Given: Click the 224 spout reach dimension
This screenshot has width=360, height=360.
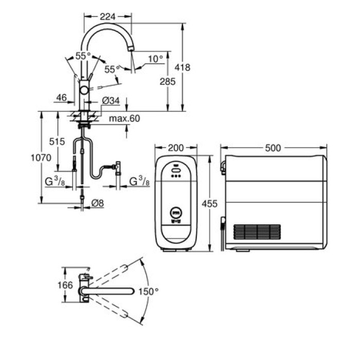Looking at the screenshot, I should click(x=107, y=17).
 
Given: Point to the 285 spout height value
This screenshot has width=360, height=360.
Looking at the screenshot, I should click(x=168, y=81).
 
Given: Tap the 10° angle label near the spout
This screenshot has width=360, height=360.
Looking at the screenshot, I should click(x=155, y=59).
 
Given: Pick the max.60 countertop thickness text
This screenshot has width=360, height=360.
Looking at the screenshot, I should click(x=124, y=119).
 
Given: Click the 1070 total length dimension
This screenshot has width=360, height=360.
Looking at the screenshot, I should click(x=41, y=158).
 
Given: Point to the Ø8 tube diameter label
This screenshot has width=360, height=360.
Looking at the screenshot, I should click(x=97, y=204).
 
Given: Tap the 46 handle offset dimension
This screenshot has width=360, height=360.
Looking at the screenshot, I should click(x=61, y=97).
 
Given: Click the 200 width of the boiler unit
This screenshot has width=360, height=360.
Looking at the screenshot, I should click(x=176, y=148).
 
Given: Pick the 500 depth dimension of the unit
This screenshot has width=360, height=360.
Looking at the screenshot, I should click(x=273, y=148).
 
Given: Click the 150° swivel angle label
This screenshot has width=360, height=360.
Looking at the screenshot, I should click(x=150, y=292).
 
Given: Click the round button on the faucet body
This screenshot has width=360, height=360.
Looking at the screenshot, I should click(x=84, y=91).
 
